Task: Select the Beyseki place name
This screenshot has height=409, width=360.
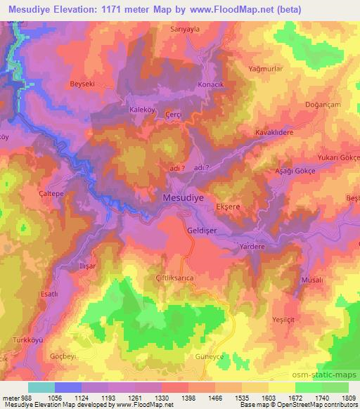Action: pos(82,84)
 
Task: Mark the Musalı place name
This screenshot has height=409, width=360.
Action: pos(311,280)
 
